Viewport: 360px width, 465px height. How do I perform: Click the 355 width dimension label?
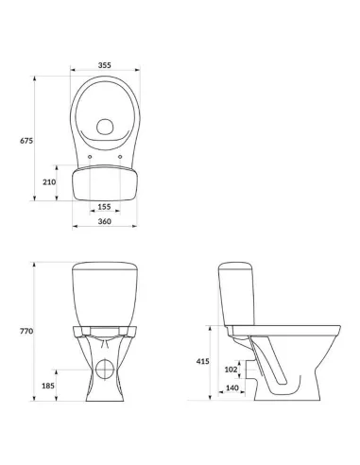(105, 65)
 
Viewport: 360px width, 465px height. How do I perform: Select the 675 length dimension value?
(26, 141)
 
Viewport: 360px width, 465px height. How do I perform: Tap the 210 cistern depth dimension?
(49, 181)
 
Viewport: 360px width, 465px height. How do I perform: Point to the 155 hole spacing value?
(104, 207)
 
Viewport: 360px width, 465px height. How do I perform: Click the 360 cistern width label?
(105, 221)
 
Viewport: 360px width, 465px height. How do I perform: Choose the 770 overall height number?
(26, 331)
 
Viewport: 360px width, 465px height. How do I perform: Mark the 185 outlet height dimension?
(48, 386)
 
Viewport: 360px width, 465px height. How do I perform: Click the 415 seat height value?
(202, 361)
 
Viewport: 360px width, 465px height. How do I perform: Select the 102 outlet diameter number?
(231, 370)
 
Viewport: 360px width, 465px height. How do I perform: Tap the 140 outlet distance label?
(232, 387)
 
